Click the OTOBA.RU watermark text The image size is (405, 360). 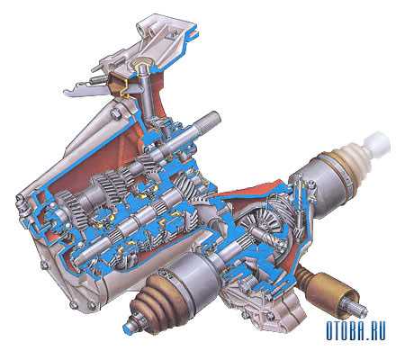click(x=355, y=330)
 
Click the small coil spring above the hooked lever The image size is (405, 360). click(x=97, y=79)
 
